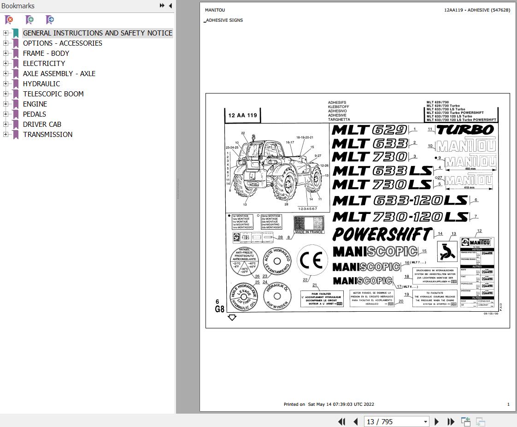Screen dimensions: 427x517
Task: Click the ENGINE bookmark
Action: pos(35,104)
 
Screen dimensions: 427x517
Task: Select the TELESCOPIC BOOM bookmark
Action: pos(53,94)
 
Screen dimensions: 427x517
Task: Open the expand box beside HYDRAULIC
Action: pos(6,83)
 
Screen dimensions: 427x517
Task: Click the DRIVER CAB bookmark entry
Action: pos(42,124)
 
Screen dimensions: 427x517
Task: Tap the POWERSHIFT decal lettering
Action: pos(382,234)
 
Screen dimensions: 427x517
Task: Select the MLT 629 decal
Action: pos(369,130)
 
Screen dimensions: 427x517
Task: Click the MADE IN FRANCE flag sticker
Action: pos(309,225)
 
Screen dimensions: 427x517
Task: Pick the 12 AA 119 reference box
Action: pos(243,115)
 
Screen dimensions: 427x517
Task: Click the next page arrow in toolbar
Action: pos(436,421)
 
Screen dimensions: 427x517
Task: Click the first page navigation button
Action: pos(341,421)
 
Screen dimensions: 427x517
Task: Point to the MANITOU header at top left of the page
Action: pos(215,10)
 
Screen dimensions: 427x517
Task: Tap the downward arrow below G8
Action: pos(232,317)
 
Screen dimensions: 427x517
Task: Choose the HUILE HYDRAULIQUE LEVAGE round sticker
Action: pos(243,295)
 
